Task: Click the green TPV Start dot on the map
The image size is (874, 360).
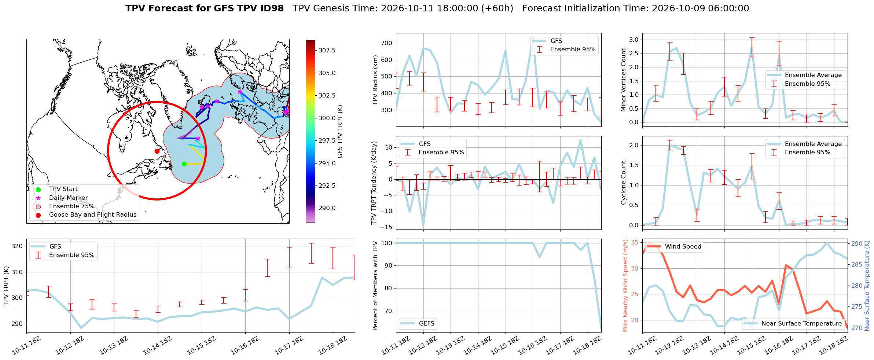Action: click(x=184, y=164)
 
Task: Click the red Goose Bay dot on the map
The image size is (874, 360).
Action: click(x=157, y=151)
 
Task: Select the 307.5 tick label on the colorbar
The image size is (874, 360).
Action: click(x=327, y=50)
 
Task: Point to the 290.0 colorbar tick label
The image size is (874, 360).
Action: click(x=327, y=208)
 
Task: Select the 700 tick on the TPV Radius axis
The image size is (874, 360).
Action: click(x=387, y=43)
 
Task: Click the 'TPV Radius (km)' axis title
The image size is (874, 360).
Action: click(x=375, y=80)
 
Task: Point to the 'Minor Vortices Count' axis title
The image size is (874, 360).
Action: click(x=623, y=80)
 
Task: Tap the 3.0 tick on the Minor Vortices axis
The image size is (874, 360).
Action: click(x=634, y=40)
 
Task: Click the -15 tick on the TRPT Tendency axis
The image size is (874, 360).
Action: click(x=387, y=227)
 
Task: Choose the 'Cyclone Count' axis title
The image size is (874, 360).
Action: click(x=623, y=183)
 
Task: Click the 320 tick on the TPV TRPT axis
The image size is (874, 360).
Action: click(x=17, y=246)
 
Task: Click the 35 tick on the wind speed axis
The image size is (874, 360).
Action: click(x=634, y=242)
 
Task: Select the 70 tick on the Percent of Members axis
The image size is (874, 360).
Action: click(x=388, y=311)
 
